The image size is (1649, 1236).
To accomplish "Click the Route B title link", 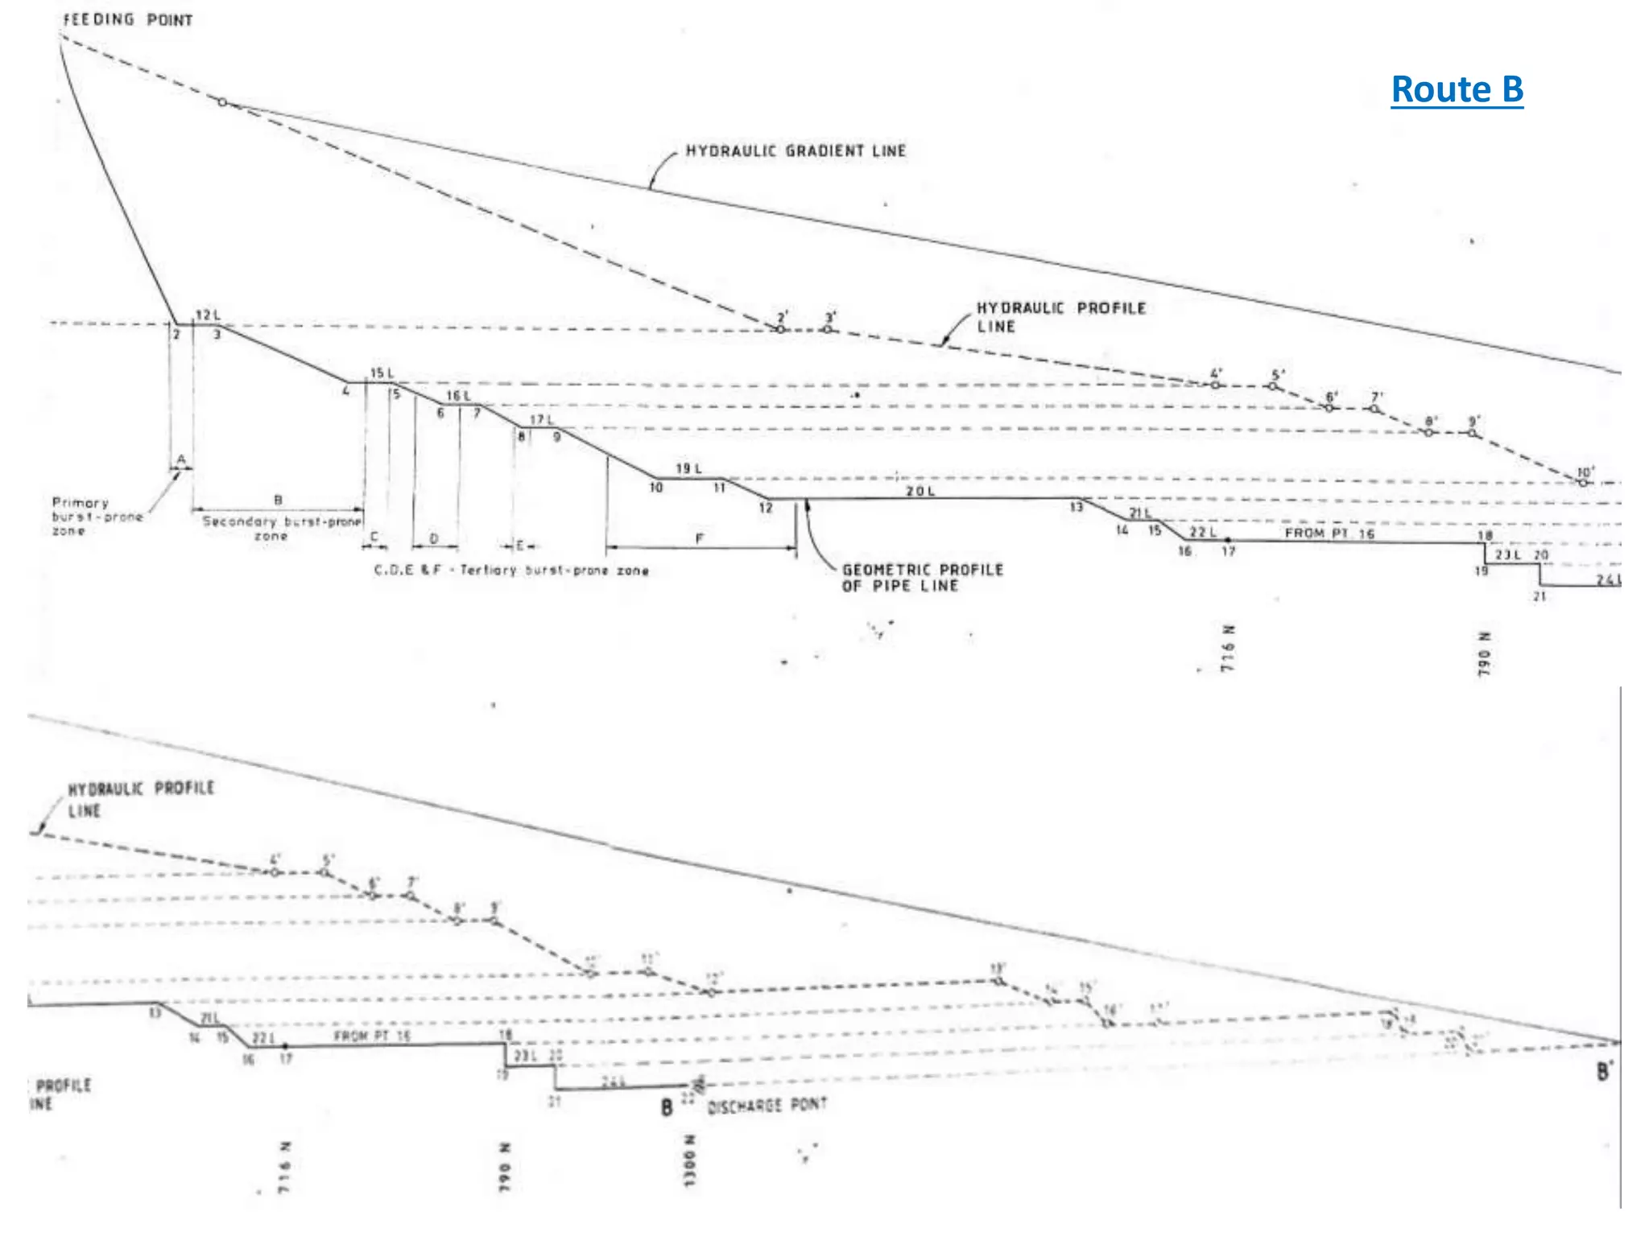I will [1457, 89].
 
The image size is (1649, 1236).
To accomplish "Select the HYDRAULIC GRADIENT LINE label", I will [796, 150].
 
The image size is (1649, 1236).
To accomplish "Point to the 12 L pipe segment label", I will [207, 315].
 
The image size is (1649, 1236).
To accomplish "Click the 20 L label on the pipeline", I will [920, 491].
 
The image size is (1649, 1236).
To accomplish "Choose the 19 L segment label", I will [688, 468].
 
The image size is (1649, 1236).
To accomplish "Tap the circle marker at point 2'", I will [779, 330].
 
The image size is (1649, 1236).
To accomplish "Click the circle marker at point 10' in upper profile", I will [1583, 483].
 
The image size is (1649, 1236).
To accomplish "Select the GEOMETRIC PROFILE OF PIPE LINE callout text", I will [923, 578].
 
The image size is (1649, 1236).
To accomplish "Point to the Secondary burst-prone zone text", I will [281, 528].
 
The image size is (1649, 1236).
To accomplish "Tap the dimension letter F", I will [699, 538].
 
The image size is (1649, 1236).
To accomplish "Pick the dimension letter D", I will [434, 538].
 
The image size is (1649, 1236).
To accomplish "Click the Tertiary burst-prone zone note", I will [511, 571].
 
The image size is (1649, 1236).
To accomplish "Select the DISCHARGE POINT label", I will [767, 1106].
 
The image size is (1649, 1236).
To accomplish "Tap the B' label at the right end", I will [1605, 1072].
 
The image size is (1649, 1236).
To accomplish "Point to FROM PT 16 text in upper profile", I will [1329, 533].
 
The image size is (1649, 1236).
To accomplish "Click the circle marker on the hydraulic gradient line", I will [222, 102].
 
